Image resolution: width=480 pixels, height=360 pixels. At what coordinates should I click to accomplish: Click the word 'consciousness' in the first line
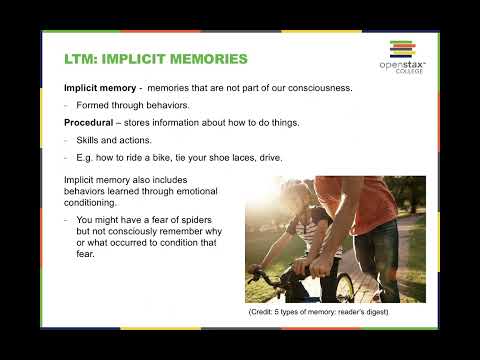(x=315, y=88)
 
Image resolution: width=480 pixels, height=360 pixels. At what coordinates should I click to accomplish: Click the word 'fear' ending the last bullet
(x=84, y=252)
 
